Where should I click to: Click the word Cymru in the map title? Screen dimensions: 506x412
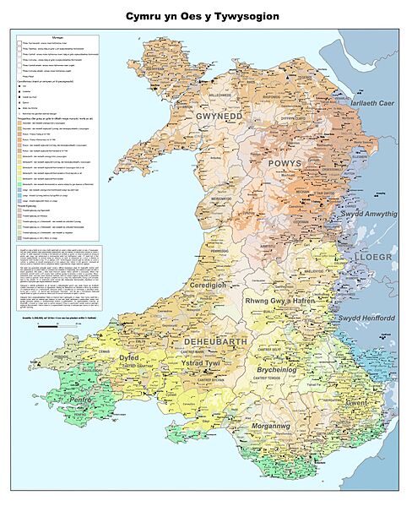click(x=147, y=16)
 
